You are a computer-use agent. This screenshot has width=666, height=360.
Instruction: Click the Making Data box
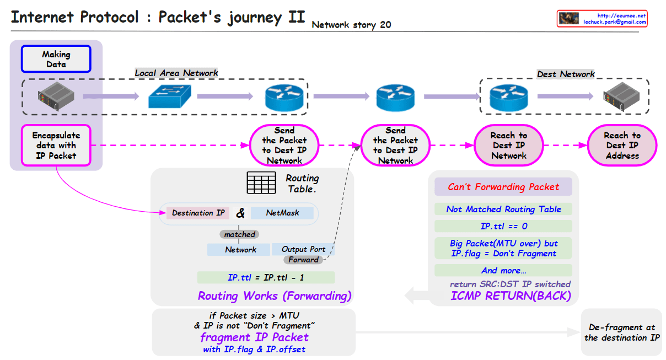click(56, 59)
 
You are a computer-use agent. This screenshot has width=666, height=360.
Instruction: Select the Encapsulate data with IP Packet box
click(56, 146)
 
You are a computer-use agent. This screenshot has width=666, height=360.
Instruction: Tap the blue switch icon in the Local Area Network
click(170, 97)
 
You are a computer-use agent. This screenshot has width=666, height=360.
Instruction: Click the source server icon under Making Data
click(56, 96)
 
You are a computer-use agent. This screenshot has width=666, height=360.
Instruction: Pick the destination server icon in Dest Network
click(620, 96)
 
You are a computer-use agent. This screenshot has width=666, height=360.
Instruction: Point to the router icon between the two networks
click(395, 97)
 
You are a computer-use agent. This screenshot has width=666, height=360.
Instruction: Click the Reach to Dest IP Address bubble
click(622, 146)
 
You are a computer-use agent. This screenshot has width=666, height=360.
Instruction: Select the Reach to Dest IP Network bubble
click(509, 146)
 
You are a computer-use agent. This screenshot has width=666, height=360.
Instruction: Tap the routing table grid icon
click(261, 182)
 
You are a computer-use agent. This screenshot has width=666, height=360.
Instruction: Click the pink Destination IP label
click(198, 213)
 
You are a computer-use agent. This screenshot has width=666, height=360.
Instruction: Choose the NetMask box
click(282, 213)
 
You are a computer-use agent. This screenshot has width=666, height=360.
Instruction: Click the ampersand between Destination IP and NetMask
click(240, 213)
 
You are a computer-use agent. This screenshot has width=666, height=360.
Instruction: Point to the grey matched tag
click(239, 234)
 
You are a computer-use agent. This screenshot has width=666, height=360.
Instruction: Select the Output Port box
click(303, 249)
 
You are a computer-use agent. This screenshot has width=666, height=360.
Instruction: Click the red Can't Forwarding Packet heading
click(503, 187)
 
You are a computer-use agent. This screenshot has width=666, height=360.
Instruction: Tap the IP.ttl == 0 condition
click(503, 226)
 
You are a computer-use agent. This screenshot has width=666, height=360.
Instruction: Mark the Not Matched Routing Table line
click(503, 209)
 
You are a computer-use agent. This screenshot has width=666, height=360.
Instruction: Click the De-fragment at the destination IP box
click(621, 332)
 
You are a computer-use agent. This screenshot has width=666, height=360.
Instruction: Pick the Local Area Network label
click(176, 73)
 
